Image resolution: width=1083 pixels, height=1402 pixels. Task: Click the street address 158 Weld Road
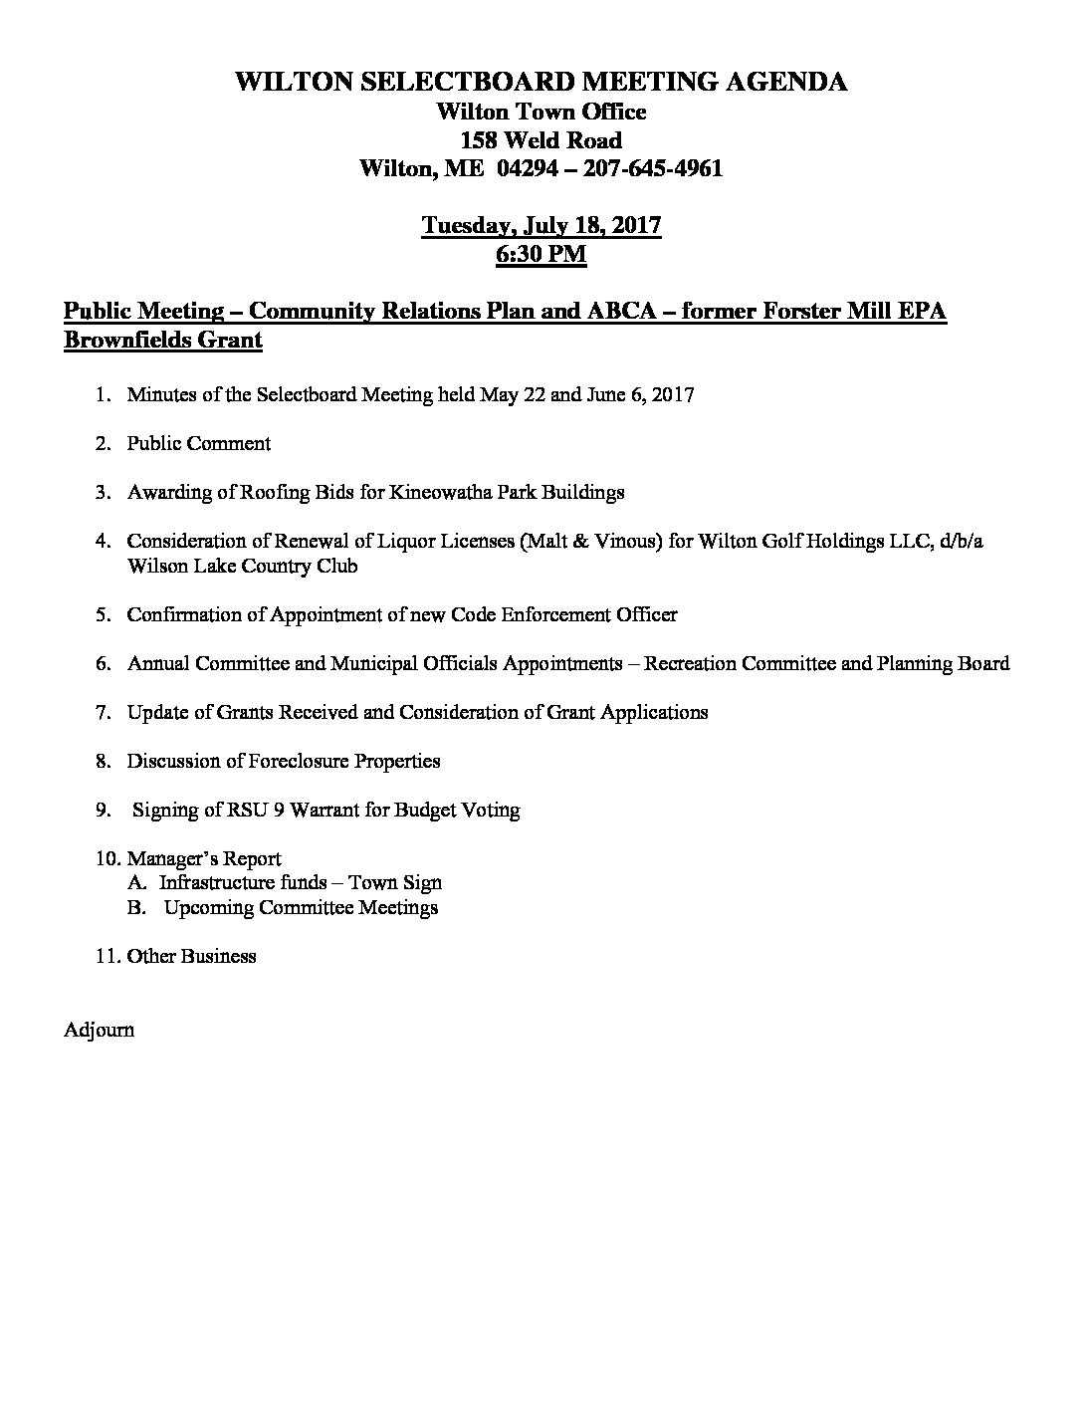[x=541, y=140]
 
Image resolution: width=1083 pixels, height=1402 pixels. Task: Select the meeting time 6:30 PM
[x=541, y=254]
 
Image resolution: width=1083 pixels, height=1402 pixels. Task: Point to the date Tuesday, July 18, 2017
[x=541, y=225]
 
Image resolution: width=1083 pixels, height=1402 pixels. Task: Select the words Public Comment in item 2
[x=199, y=443]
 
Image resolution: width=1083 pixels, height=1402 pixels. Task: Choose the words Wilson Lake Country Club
[x=242, y=566]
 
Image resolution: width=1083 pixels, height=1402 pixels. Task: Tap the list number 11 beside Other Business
[x=107, y=956]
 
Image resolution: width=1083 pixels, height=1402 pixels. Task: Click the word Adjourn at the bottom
[x=99, y=1030]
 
